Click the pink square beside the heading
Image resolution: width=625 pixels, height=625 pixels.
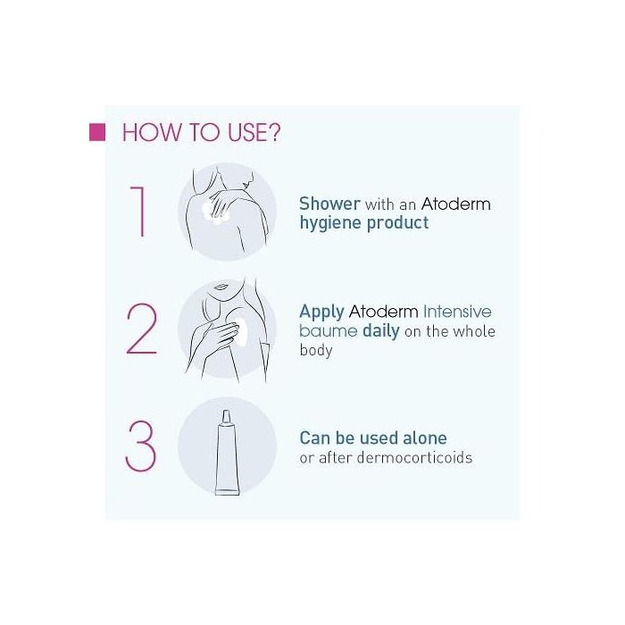click(x=97, y=132)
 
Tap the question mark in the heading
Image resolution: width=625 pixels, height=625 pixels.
click(x=273, y=132)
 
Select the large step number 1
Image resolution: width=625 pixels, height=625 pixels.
click(x=138, y=212)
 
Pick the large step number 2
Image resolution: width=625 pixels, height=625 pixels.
click(x=141, y=329)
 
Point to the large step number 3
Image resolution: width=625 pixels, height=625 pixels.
click(x=141, y=446)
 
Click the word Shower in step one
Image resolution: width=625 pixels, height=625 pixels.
click(x=329, y=204)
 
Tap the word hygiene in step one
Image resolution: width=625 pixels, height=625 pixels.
click(x=330, y=223)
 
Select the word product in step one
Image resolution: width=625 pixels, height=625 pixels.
click(x=397, y=223)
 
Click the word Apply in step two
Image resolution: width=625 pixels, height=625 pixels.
click(x=321, y=312)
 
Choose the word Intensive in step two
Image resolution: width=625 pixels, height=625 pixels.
click(x=457, y=312)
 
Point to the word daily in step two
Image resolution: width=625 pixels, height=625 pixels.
click(x=381, y=331)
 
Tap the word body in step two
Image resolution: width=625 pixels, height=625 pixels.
click(x=316, y=351)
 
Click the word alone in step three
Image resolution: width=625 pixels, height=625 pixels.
click(x=424, y=438)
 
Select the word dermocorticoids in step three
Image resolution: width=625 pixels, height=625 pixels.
click(x=414, y=457)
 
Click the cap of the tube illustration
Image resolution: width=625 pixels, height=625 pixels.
click(x=227, y=417)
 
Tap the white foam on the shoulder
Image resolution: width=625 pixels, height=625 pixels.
click(x=215, y=212)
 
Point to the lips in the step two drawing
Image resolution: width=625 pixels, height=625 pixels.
click(x=221, y=287)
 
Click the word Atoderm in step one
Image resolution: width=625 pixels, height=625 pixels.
click(x=455, y=204)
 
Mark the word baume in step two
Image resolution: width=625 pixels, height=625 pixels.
click(x=328, y=331)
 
